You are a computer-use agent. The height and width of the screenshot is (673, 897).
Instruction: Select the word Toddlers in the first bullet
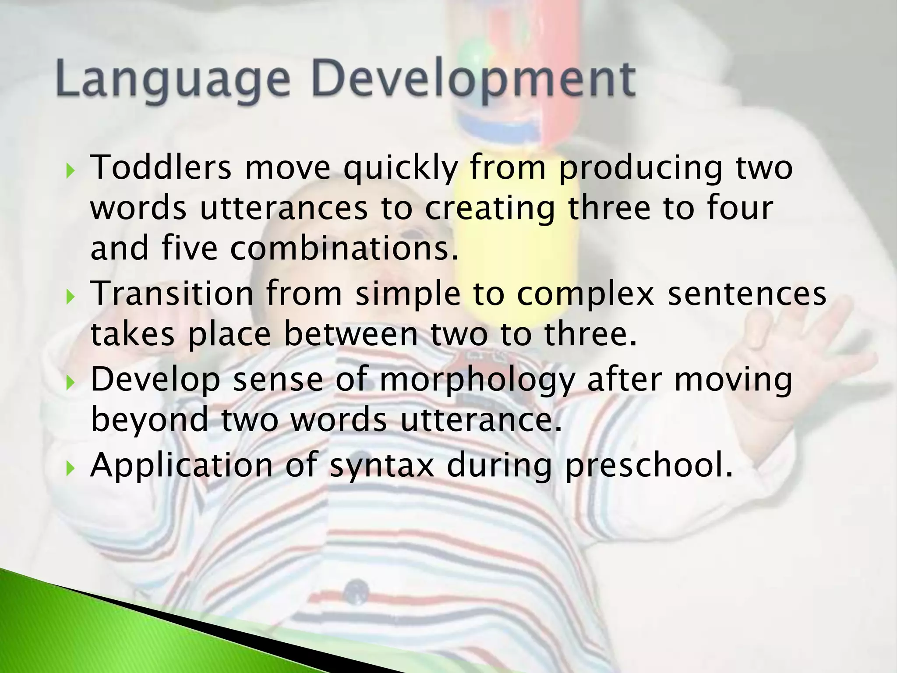click(x=161, y=168)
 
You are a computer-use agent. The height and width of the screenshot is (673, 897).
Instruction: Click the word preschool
click(x=649, y=466)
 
